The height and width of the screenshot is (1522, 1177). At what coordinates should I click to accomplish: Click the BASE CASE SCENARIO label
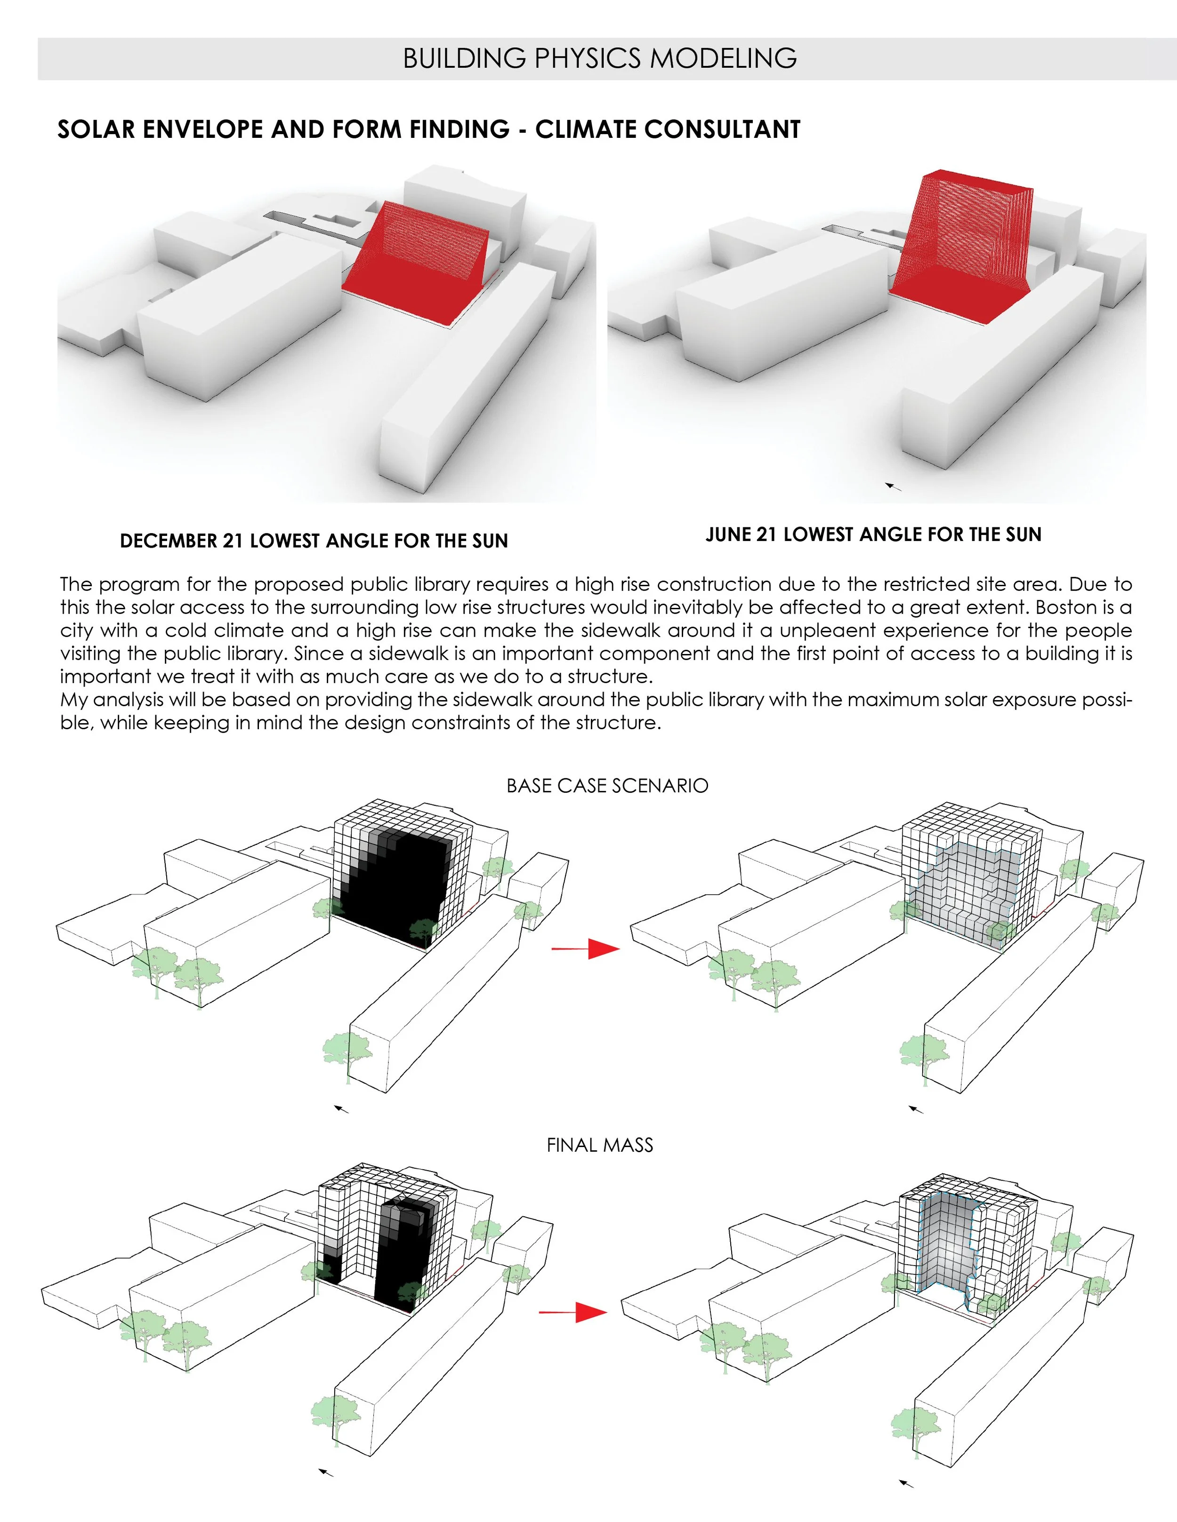[607, 785]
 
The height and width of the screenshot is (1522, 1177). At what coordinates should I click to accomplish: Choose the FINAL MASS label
[600, 1145]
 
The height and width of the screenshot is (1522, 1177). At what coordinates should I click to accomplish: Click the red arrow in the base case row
[586, 948]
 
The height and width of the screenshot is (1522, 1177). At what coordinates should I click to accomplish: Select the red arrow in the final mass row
[573, 1313]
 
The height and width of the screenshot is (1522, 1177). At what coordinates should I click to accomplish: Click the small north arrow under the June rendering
[893, 486]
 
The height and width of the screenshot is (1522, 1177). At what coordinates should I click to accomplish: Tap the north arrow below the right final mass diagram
[906, 1483]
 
